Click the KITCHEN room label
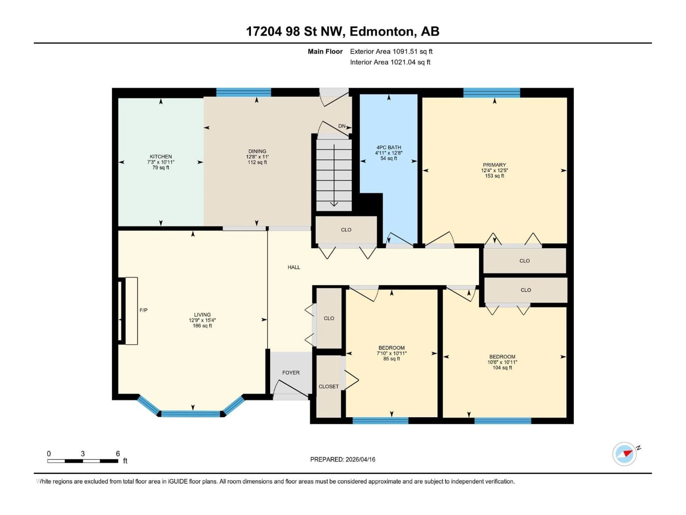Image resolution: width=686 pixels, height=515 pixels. tap(161, 156)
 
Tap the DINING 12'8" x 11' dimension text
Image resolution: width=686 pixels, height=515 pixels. tap(257, 157)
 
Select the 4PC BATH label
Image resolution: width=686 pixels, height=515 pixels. tap(389, 148)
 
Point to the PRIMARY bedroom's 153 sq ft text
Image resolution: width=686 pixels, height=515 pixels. tap(494, 176)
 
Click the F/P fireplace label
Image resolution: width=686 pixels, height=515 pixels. tap(143, 310)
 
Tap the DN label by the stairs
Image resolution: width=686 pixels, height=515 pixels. tap(342, 126)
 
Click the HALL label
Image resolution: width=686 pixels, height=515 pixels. tap(294, 267)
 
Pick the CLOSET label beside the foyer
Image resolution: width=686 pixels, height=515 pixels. tap(328, 386)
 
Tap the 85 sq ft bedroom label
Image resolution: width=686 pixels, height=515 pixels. tap(391, 359)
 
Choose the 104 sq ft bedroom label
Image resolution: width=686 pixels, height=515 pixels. tap(502, 367)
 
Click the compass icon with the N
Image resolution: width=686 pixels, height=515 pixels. tap(625, 454)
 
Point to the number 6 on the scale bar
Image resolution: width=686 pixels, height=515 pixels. tap(118, 453)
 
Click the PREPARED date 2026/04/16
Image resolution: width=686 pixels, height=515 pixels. tap(343, 459)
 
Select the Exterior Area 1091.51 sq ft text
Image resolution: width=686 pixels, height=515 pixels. tap(391, 51)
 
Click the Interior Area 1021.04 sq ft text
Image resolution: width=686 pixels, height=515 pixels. tap(390, 62)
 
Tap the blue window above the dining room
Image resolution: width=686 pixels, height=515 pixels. tap(243, 92)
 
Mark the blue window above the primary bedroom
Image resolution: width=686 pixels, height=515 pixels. tap(492, 92)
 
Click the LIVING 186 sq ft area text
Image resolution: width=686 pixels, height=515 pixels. tap(202, 326)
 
